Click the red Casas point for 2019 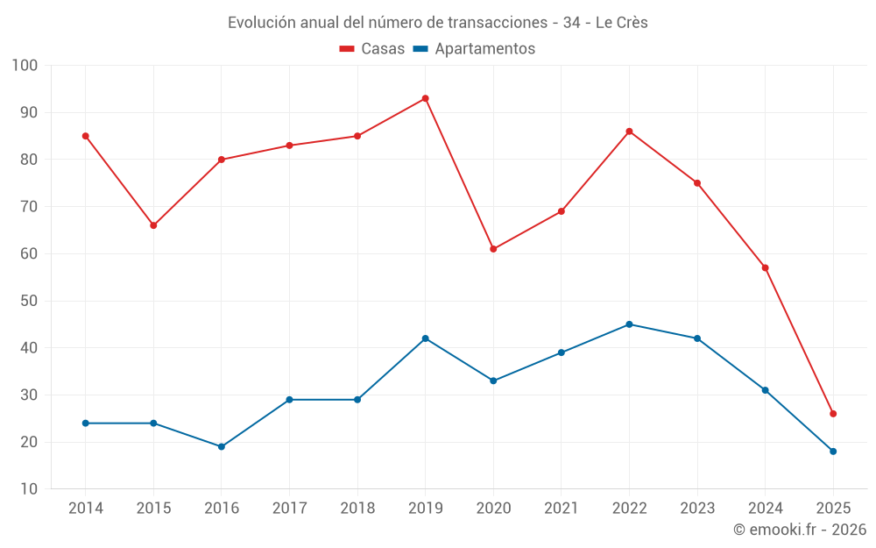(426, 98)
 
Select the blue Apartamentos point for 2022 (629, 324)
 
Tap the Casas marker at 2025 (833, 414)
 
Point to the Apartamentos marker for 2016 (222, 447)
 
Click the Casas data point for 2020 (493, 249)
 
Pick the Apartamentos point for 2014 (86, 423)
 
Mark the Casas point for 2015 (153, 225)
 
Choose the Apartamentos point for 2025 (833, 452)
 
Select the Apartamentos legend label (484, 49)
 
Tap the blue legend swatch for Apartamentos (420, 49)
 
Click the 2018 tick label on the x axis (357, 509)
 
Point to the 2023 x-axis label (697, 509)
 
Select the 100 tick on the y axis (25, 66)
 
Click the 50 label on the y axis (29, 301)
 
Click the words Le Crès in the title (621, 23)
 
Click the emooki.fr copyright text (799, 530)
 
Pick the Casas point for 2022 (629, 132)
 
